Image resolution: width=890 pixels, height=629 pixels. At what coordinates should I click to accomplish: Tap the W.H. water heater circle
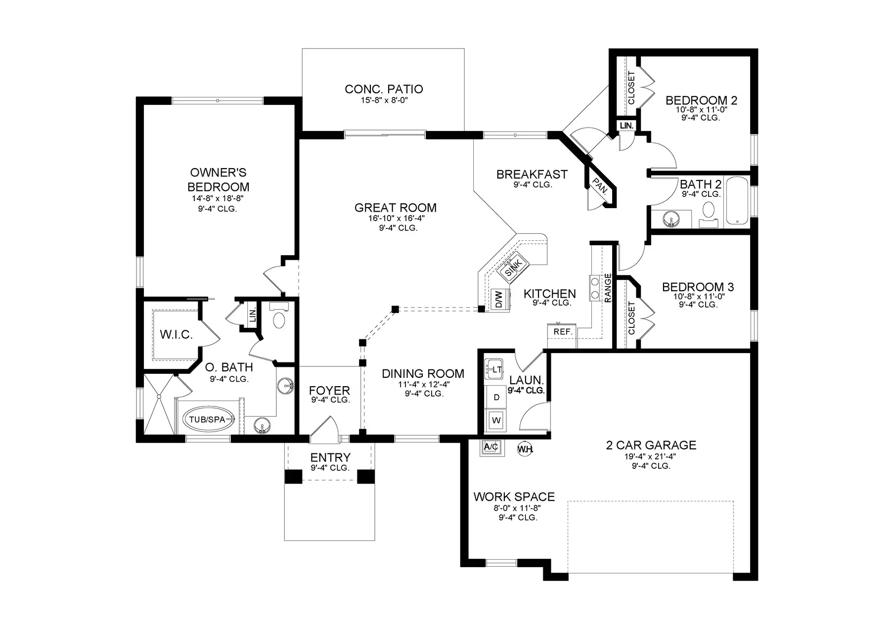click(525, 449)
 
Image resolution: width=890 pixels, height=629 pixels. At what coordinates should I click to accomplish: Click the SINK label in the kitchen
click(513, 268)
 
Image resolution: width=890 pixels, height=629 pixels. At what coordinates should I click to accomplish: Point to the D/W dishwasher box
click(498, 299)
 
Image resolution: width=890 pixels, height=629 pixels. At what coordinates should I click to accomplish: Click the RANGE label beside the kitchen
click(608, 288)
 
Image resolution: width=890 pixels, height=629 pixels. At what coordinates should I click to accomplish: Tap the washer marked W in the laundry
click(496, 420)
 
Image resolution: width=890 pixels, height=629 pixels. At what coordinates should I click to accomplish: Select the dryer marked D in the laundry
click(496, 397)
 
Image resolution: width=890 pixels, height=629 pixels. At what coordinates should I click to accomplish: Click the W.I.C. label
click(176, 335)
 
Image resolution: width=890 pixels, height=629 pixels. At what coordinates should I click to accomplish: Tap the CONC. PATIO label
click(384, 89)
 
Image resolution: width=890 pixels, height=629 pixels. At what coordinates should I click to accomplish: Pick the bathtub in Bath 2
click(738, 201)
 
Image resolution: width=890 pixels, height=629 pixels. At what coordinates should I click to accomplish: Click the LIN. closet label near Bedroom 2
click(626, 126)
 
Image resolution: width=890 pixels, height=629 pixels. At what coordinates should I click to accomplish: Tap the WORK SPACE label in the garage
click(514, 496)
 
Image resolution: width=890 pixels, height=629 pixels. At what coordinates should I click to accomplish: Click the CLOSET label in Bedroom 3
click(631, 318)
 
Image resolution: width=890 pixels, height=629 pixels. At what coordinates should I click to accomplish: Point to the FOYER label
click(329, 391)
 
